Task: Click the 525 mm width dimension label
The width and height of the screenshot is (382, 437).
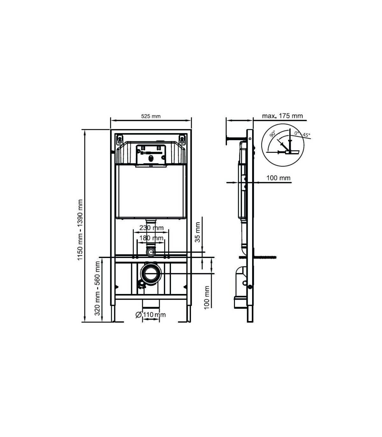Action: pyautogui.click(x=151, y=116)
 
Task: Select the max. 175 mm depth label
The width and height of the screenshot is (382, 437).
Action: pyautogui.click(x=282, y=116)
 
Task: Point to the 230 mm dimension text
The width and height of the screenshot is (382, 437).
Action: pyautogui.click(x=152, y=228)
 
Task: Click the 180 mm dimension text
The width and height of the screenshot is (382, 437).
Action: pyautogui.click(x=151, y=238)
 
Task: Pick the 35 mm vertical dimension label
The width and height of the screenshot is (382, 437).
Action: pyautogui.click(x=198, y=232)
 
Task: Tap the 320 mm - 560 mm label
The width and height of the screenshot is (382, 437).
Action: pyautogui.click(x=97, y=288)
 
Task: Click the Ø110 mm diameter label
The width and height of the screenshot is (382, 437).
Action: pyautogui.click(x=151, y=315)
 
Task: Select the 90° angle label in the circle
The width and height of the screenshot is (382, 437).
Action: pyautogui.click(x=272, y=134)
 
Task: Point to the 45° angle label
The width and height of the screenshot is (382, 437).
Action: pyautogui.click(x=306, y=135)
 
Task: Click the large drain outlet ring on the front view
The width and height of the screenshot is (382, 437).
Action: pyautogui.click(x=151, y=274)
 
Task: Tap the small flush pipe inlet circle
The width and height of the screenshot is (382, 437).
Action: pyautogui.click(x=151, y=252)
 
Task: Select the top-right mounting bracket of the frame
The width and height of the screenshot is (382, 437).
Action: pyautogui.click(x=182, y=139)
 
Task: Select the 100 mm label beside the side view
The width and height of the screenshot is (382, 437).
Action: pyautogui.click(x=279, y=178)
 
